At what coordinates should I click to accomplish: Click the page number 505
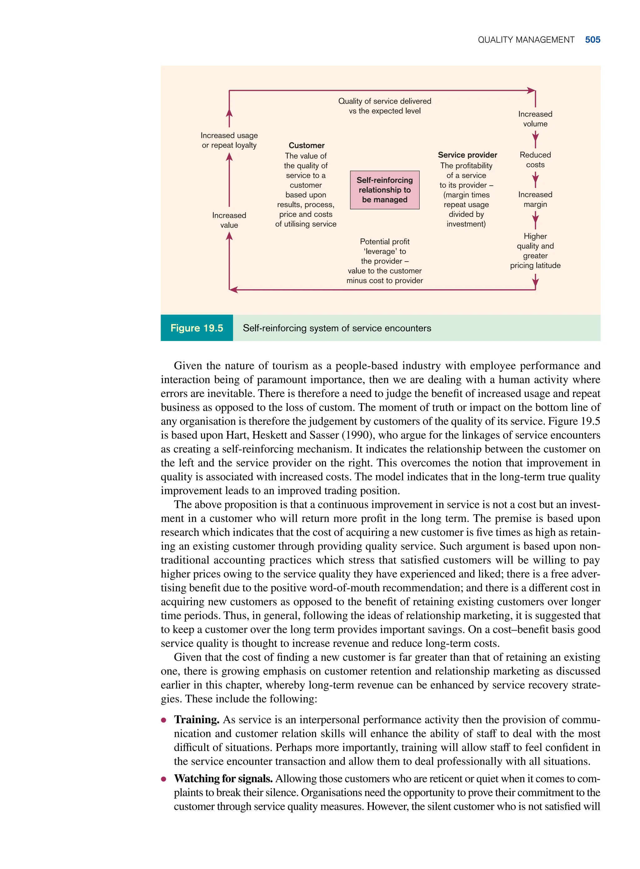click(x=592, y=40)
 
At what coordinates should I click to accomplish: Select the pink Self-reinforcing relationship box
click(x=384, y=190)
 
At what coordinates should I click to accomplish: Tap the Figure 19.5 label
click(x=197, y=328)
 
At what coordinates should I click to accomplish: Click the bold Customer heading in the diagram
click(x=307, y=146)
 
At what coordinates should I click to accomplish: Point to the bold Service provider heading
click(x=467, y=155)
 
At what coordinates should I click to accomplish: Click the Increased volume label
click(x=535, y=119)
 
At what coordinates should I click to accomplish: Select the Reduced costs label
click(x=535, y=160)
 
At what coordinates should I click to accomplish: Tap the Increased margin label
click(x=535, y=199)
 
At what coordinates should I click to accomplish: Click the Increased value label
click(x=229, y=220)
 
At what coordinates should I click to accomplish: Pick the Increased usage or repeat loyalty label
click(x=229, y=140)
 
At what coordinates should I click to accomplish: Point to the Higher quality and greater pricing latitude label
click(x=535, y=250)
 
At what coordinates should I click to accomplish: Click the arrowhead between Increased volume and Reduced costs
click(x=535, y=137)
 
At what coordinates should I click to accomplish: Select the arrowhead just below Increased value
click(x=229, y=236)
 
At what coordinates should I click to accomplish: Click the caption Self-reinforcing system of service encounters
click(x=337, y=328)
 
